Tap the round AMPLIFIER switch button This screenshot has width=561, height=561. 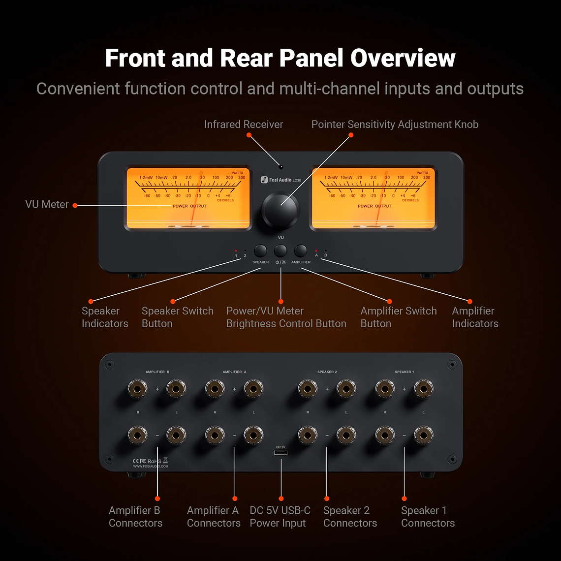[300, 251]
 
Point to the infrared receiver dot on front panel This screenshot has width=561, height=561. [280, 167]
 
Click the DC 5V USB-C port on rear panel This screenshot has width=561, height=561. [280, 453]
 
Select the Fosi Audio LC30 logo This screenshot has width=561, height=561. [280, 180]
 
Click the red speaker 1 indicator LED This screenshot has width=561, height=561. [236, 251]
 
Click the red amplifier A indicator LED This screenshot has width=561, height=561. [316, 251]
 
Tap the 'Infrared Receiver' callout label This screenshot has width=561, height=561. [244, 125]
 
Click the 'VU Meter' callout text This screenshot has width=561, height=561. [47, 204]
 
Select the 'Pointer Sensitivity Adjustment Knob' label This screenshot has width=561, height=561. [395, 125]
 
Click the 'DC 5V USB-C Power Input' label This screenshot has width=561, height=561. [280, 517]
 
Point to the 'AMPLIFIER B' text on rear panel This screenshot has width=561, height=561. [157, 372]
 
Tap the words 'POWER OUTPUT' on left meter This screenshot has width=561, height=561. [189, 206]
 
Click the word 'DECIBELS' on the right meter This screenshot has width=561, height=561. [410, 200]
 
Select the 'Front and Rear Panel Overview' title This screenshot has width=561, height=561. [280, 58]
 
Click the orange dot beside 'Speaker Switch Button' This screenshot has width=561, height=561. [172, 301]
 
